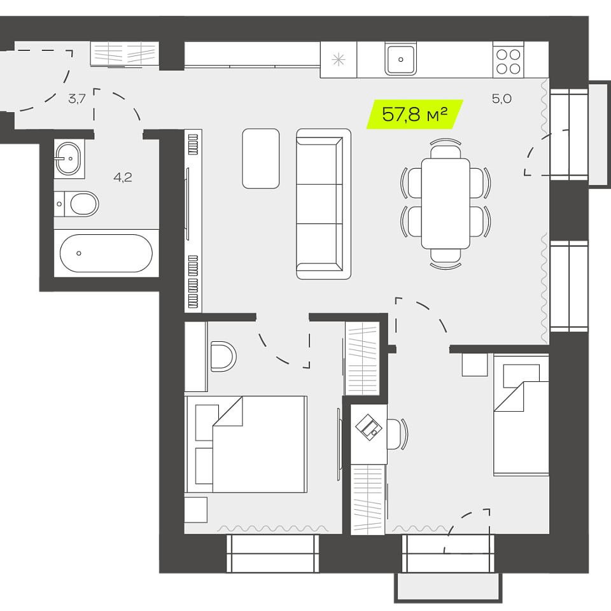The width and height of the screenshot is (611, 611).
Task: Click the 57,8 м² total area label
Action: pos(414,115)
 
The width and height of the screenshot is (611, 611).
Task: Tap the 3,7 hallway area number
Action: pos(77,99)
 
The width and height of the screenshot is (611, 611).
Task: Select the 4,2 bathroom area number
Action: pos(123,178)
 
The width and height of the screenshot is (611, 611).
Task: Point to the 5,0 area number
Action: pos(502,99)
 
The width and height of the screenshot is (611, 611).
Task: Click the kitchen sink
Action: pos(400,59)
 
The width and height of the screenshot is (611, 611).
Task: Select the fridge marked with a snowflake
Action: pos(338,60)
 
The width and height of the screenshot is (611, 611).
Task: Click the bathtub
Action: pos(106,253)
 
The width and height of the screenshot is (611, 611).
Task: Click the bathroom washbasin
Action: pos(68,158)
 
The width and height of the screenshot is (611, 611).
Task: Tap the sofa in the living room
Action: pos(323,204)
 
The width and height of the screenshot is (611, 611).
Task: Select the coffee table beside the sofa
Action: pos(261,158)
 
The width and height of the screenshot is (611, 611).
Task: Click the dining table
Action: pos(446,204)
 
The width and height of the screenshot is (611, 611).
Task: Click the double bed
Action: pos(246,444)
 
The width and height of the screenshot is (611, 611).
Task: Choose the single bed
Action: pos(521,415)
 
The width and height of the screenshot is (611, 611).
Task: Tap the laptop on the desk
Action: pos(369,428)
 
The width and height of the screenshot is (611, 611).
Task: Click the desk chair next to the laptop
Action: pos(397,434)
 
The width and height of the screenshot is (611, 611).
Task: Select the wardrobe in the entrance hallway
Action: pos(125,53)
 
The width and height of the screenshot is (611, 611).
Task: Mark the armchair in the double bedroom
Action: pos(223,356)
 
